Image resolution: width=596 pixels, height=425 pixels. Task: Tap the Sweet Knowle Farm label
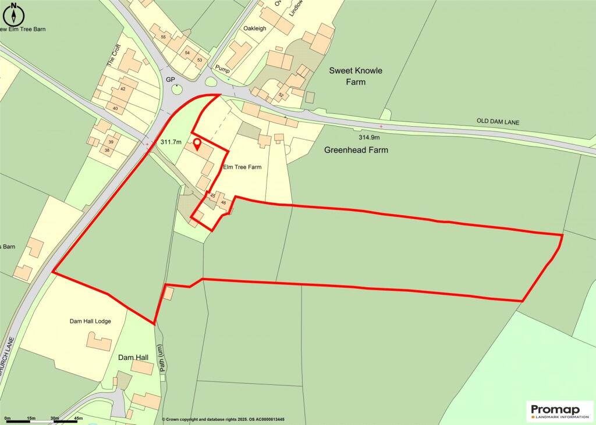tap(356, 76)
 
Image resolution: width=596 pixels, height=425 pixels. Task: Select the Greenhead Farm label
tap(356, 150)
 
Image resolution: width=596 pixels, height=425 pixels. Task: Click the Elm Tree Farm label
tap(243, 167)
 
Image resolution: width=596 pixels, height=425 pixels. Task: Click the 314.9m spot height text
tap(369, 137)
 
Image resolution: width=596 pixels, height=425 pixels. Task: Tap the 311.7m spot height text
tap(171, 142)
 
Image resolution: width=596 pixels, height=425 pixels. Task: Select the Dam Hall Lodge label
tap(90, 321)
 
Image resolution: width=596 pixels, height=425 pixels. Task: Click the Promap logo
tap(559, 411)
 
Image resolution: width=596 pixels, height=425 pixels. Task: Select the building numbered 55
tap(163, 37)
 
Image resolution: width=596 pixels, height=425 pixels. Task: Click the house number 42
tap(123, 89)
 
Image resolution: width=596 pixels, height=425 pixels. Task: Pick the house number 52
tap(281, 95)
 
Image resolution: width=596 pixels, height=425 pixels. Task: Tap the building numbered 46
tap(223, 203)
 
